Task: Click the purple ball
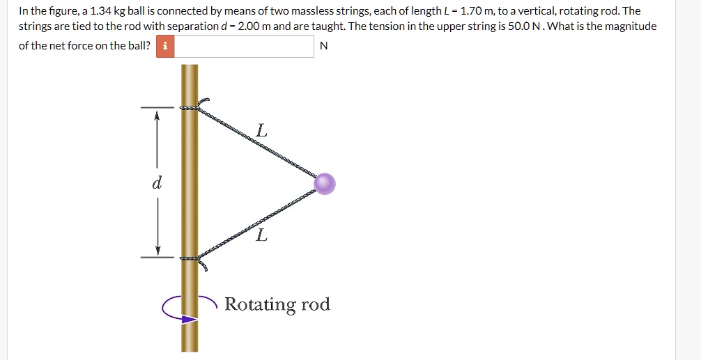(325, 184)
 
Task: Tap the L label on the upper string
(261, 130)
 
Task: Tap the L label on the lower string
(261, 235)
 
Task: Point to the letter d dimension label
(157, 184)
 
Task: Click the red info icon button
(165, 47)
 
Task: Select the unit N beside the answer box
(323, 47)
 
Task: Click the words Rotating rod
(277, 304)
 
